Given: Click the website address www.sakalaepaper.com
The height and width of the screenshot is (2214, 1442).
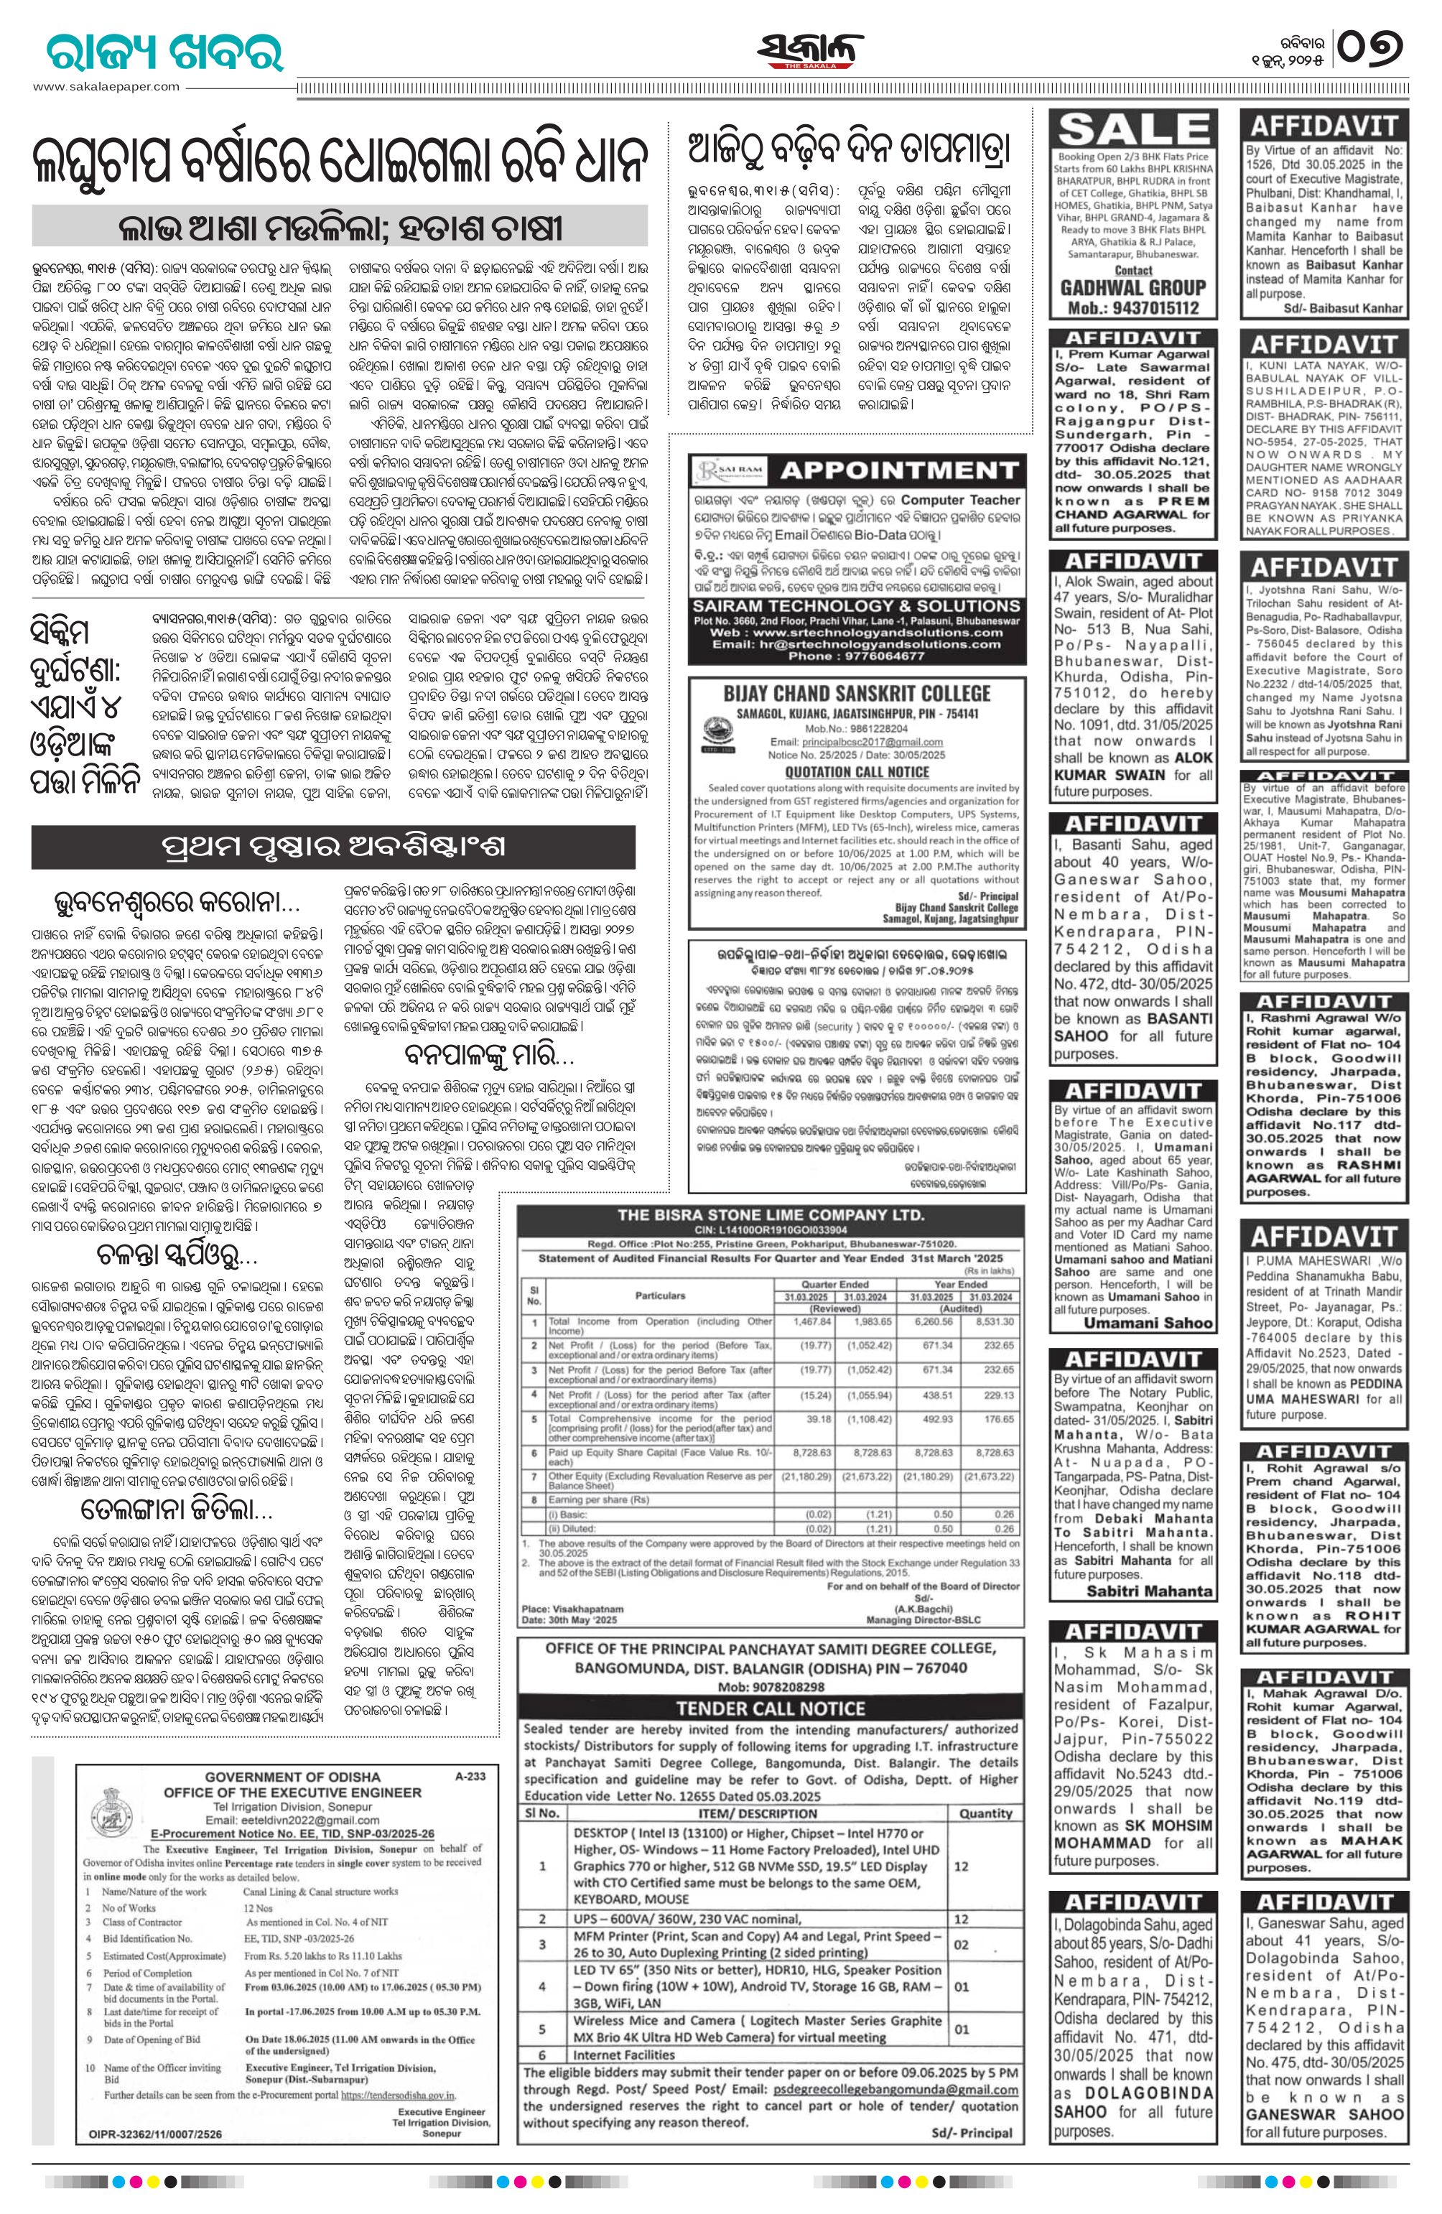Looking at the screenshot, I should tap(106, 86).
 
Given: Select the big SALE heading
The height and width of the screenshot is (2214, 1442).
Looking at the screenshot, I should tap(1132, 129).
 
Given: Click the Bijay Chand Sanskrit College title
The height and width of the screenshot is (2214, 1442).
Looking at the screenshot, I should tap(857, 692).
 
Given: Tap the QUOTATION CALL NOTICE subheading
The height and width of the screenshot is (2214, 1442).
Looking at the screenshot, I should tap(856, 772).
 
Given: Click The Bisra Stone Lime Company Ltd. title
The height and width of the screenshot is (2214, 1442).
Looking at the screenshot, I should tap(771, 1215).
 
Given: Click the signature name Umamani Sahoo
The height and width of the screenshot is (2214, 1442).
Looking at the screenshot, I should tap(1162, 1323).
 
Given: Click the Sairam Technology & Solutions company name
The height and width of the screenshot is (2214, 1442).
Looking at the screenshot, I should tap(857, 605).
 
